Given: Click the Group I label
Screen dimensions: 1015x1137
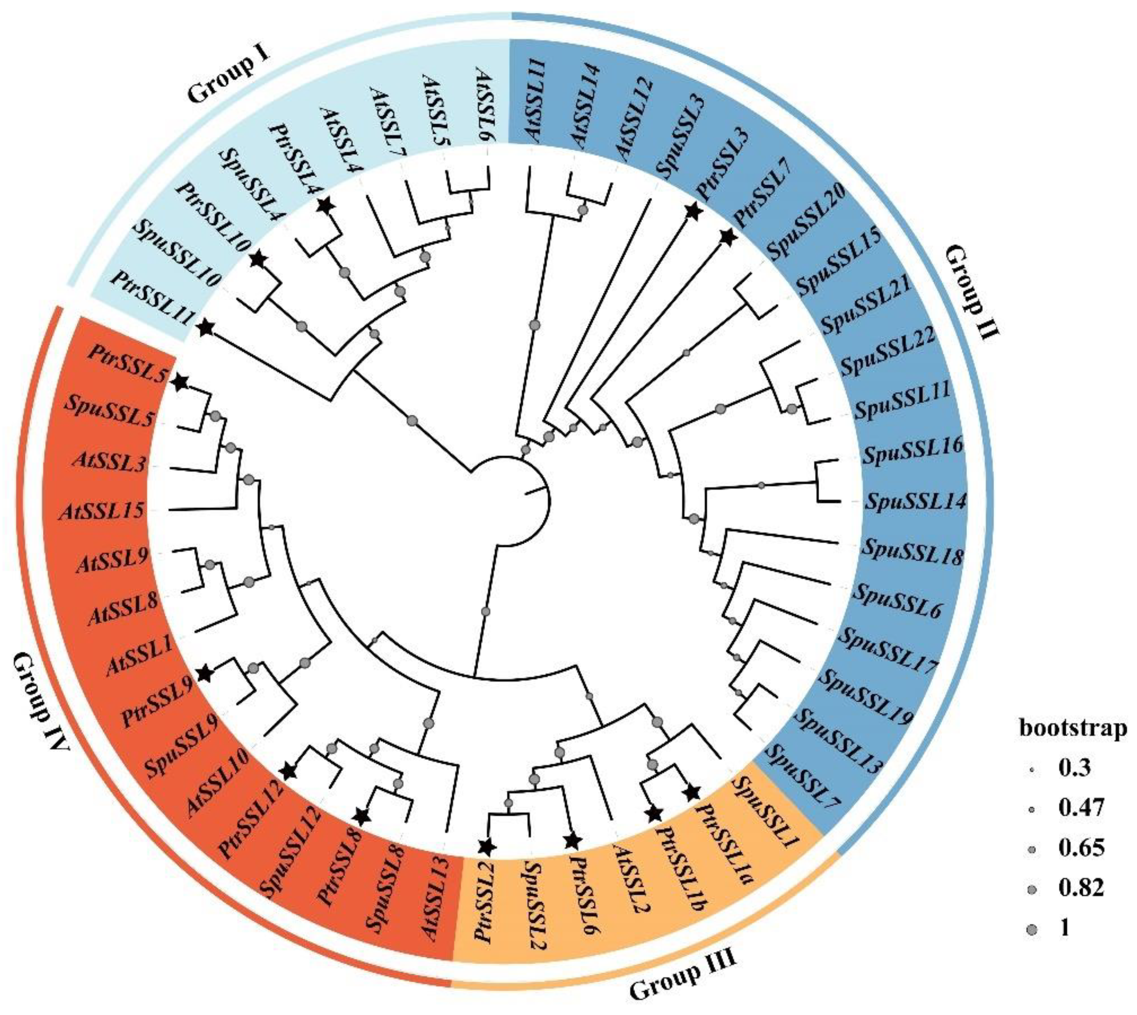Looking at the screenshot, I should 236,76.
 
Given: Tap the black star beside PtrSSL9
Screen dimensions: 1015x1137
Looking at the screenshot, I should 205,674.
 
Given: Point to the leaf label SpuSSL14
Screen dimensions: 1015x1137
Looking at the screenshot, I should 914,501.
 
